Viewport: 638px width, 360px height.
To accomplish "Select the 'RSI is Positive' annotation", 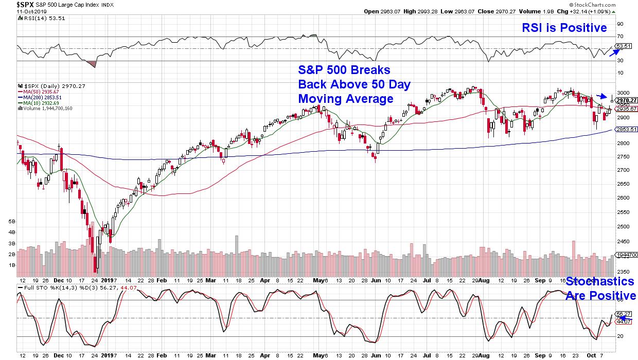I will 564,28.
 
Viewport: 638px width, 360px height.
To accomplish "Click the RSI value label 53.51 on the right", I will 624,46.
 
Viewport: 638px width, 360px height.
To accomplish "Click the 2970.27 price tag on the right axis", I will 627,100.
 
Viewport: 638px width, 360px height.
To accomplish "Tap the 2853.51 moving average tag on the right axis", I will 627,129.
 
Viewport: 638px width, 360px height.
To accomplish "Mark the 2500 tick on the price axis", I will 623,227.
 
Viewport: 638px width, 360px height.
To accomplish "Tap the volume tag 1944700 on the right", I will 627,255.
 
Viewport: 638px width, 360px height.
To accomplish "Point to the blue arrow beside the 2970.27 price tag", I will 601,96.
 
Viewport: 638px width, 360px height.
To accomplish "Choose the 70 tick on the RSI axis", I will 620,36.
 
